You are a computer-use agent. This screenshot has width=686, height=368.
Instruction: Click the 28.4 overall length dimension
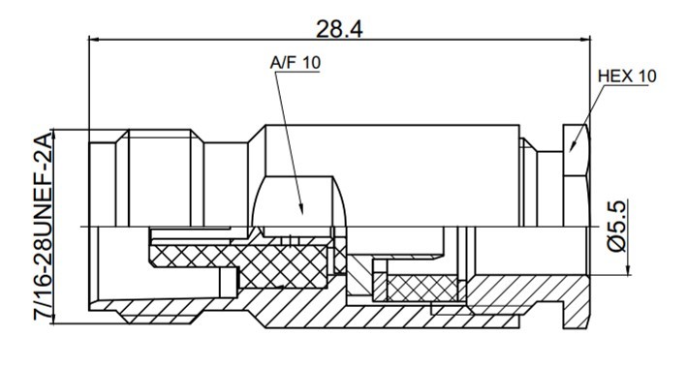tap(339, 29)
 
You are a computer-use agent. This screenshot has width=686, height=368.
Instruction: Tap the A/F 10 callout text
tap(296, 63)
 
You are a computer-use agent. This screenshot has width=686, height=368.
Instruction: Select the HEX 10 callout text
tap(627, 77)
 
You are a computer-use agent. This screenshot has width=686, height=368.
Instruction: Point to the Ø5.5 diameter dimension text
tap(616, 226)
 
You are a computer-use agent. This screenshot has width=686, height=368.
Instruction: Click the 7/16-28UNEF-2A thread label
tap(44, 227)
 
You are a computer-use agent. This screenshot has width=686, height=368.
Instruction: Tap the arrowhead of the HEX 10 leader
tap(573, 146)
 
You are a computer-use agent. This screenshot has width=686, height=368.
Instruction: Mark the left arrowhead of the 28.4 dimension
tap(94, 40)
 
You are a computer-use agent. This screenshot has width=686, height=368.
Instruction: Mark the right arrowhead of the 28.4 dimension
tap(585, 40)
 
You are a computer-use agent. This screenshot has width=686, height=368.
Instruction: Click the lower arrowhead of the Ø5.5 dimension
tap(628, 270)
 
